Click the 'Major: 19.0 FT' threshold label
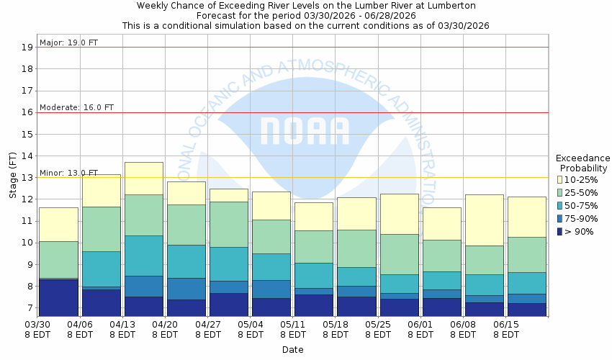click(69, 42)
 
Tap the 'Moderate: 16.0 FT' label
click(76, 107)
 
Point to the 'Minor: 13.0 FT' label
click(69, 173)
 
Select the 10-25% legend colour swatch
click(559, 179)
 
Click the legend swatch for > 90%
click(559, 231)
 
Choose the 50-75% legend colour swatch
click(559, 205)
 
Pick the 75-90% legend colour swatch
click(559, 218)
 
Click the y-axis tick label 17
click(27, 91)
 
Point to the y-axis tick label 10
click(27, 243)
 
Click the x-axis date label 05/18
click(336, 325)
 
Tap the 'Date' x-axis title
click(292, 350)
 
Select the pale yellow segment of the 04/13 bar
click(144, 178)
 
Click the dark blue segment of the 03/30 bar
click(58, 297)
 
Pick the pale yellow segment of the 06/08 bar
click(484, 220)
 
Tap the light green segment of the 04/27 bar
click(229, 224)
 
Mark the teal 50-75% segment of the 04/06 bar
click(102, 269)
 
